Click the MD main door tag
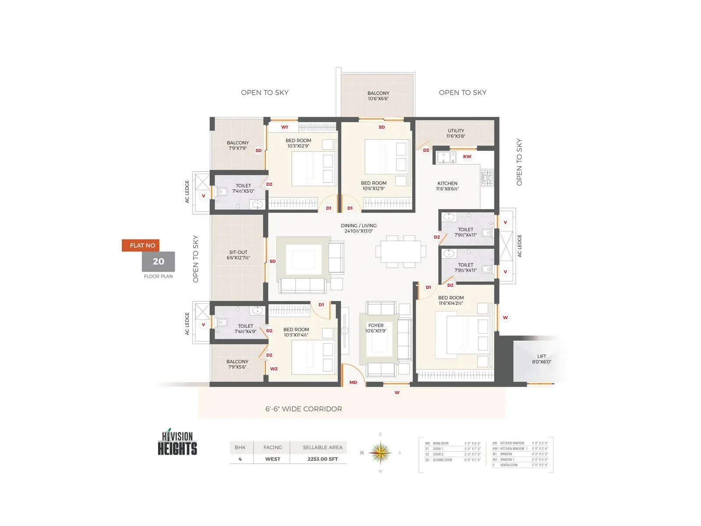tap(353, 382)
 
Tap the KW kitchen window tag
tap(467, 156)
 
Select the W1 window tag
tap(285, 127)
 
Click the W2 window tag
tap(274, 369)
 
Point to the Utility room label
tap(456, 133)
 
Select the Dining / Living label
tap(358, 228)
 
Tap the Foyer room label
tap(376, 328)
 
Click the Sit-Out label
tap(238, 255)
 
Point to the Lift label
tap(542, 359)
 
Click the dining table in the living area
tap(400, 252)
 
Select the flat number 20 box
tap(158, 262)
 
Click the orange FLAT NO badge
tap(141, 245)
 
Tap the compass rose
tap(380, 453)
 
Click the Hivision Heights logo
tap(177, 443)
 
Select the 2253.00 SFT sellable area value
tap(322, 459)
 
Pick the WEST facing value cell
tap(273, 459)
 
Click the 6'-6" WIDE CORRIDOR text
tap(304, 409)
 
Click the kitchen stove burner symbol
tap(487, 178)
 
